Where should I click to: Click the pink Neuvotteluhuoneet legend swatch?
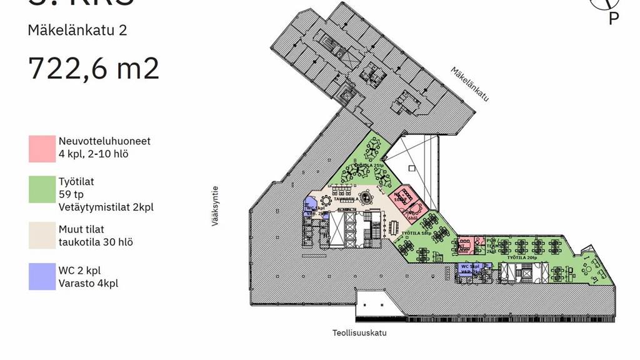42,148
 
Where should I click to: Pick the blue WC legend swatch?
42,277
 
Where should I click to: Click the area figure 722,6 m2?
94,67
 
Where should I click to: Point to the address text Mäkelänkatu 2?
77,30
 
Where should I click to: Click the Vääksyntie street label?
216,205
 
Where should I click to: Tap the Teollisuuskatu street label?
359,332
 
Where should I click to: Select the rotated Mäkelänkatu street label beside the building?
470,84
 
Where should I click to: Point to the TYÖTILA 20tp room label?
522,257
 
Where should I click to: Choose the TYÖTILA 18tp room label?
416,233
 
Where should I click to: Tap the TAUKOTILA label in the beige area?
346,200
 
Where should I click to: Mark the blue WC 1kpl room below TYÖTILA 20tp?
467,267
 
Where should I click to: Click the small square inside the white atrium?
411,168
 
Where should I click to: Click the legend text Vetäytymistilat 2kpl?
106,207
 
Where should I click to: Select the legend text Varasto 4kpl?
89,283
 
